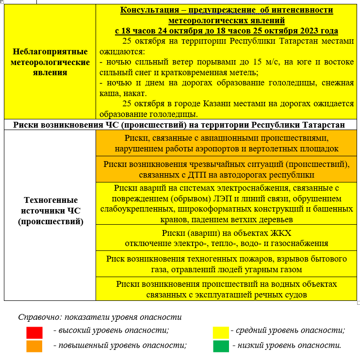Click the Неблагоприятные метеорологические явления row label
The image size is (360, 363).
pos(50,62)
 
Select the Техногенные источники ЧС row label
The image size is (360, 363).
pos(50,211)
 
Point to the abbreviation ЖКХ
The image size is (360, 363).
pos(280,232)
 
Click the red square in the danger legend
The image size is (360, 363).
pos(34,332)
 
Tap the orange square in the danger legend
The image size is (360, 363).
pos(34,346)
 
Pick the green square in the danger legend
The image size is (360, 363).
pos(221,346)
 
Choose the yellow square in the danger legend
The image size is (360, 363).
pos(221,332)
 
